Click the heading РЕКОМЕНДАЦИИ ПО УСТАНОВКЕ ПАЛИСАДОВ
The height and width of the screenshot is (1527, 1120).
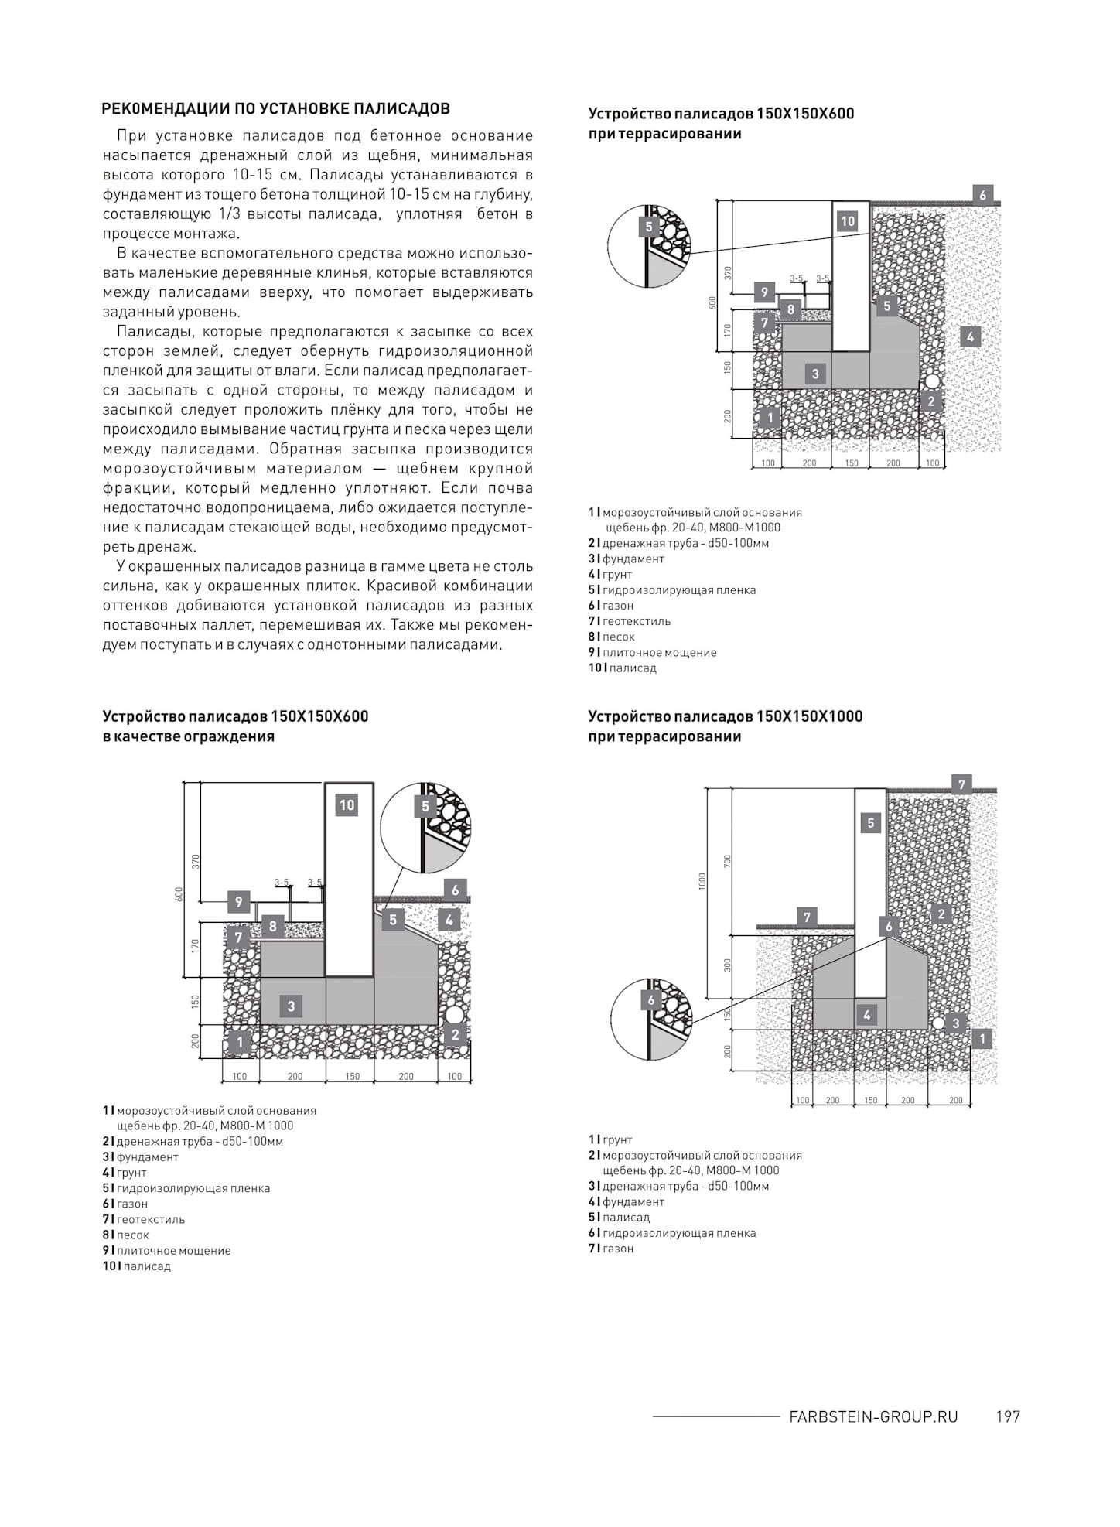pos(276,108)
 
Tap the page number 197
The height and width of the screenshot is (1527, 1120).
pos(1008,1416)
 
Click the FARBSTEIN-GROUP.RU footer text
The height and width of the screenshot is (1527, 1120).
pos(873,1416)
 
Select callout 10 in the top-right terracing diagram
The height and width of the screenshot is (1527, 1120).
pos(848,221)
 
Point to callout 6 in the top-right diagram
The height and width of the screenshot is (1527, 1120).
pos(982,195)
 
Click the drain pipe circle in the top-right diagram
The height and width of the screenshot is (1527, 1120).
pos(932,382)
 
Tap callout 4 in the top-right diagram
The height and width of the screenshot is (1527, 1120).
pos(970,336)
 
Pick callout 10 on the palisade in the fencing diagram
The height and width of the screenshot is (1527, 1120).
pos(347,805)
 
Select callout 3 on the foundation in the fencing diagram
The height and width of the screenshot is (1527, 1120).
pos(291,1006)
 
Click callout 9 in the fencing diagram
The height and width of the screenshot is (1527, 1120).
pos(239,902)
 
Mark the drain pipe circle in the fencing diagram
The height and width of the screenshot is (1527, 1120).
pos(453,1014)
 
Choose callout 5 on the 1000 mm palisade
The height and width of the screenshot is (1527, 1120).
pos(870,823)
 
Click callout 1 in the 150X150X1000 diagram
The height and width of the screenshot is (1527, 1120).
pos(981,1039)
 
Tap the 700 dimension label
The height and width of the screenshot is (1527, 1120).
pos(727,861)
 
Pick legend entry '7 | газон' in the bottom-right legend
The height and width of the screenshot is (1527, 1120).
pos(611,1249)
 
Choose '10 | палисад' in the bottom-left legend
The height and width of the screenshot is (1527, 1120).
pos(137,1266)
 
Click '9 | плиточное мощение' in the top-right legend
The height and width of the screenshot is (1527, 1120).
pos(653,652)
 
